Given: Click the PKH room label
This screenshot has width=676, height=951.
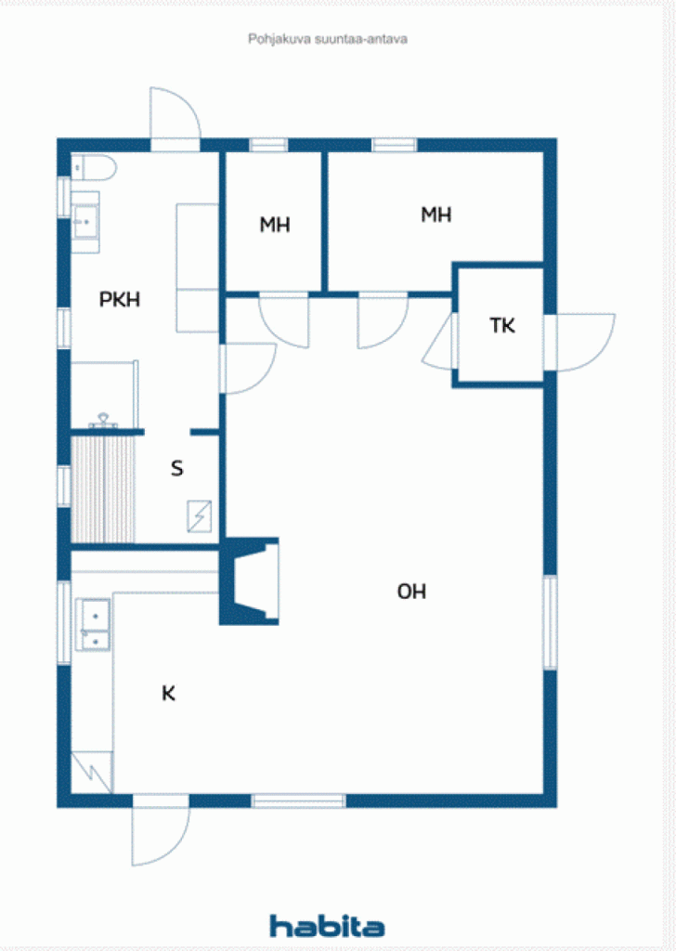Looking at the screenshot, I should [120, 300].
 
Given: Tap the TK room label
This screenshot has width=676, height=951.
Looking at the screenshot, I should [502, 326].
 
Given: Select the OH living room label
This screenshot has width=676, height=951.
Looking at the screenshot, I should [411, 592].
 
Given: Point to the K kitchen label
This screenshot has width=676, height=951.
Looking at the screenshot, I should [168, 693].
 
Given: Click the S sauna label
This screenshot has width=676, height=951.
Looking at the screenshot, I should [176, 469].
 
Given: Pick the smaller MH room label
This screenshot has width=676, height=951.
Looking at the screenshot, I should [274, 225].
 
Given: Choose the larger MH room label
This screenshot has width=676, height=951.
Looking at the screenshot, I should [435, 215].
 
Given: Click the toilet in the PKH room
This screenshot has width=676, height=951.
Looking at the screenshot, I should [93, 167].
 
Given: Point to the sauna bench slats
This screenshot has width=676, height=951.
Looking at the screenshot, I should [103, 489].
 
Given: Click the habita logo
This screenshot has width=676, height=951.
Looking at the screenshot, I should [327, 925].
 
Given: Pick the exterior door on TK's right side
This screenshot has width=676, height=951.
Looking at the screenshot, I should [581, 342].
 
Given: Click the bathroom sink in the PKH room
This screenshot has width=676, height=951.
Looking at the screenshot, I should [86, 221].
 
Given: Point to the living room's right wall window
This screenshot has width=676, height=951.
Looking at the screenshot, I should [550, 621].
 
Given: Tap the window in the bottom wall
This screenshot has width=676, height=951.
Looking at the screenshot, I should [298, 801].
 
